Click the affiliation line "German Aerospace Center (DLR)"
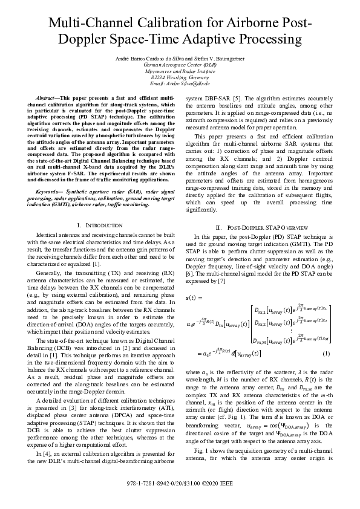(x=180, y=63)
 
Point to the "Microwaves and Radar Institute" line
(x=180, y=70)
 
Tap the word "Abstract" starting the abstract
(x=47, y=97)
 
